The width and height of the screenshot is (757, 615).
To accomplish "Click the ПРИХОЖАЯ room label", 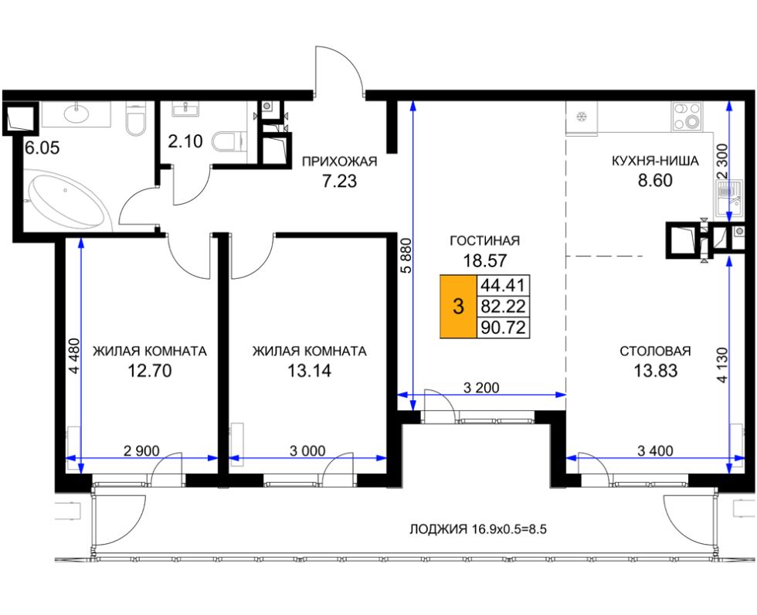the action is point(339,161).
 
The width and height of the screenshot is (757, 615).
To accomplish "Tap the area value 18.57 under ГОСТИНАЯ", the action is point(485,260).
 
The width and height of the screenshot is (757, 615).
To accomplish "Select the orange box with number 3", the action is point(458,306).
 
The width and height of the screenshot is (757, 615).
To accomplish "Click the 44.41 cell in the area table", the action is point(503,285).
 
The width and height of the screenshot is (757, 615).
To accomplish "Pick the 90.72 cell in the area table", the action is point(503,328).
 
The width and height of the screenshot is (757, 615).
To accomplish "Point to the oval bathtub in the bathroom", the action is point(66,202).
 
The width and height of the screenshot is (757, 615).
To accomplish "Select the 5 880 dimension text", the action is point(407,256).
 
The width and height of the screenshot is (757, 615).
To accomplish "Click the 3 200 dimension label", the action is point(481,387).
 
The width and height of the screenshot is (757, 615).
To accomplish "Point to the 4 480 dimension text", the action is point(73,355).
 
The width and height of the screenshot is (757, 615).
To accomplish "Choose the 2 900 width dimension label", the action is point(141,451).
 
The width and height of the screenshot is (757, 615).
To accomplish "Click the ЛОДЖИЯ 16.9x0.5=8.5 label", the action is point(478,529).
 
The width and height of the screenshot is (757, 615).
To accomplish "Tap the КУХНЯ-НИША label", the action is point(655,161).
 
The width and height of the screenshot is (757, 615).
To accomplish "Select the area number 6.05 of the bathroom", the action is point(42,148).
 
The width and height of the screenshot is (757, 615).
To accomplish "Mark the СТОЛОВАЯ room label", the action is point(655,351).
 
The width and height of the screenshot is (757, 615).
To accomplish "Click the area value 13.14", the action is point(310,371).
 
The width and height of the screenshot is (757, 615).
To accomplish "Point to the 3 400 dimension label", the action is point(655,451).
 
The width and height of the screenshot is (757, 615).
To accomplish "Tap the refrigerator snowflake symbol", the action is point(581,117).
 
